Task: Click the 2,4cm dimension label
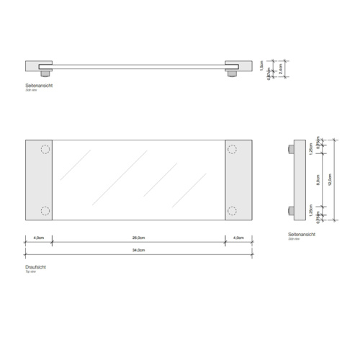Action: coord(279,70)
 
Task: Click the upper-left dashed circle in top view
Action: coord(45,150)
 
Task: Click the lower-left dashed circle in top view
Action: coord(45,210)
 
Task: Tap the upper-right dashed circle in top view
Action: coord(233,150)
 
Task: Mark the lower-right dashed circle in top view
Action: coord(233,210)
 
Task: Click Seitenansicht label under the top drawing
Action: coord(39,85)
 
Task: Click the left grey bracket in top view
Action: coord(38,180)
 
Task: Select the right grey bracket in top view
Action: coord(238,180)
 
